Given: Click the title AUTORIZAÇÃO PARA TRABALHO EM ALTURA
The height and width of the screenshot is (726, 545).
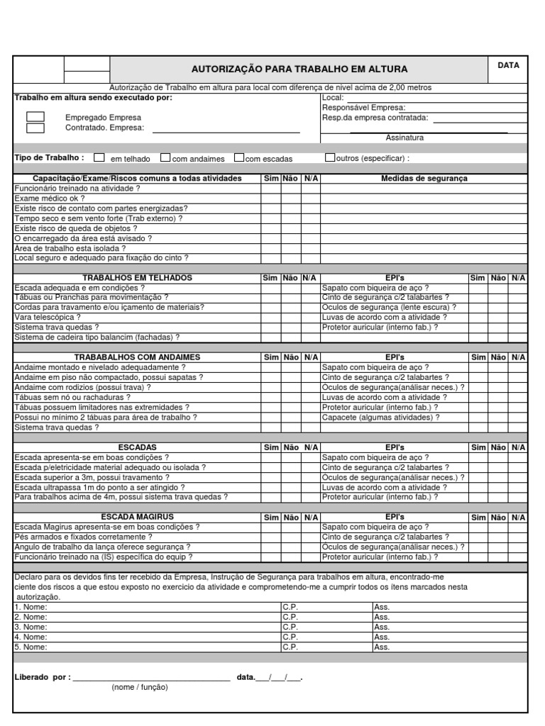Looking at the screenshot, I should [299, 69].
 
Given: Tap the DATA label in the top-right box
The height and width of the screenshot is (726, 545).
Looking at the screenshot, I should [508, 65].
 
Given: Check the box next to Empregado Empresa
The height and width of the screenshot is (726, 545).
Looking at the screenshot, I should [35, 117].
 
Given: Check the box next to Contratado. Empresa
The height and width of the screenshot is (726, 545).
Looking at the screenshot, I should [35, 128].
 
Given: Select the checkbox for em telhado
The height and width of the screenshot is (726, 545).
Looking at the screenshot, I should [99, 158].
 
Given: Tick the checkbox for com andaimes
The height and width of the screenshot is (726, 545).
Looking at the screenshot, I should [165, 158].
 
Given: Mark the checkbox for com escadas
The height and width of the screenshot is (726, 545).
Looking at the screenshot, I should [239, 158].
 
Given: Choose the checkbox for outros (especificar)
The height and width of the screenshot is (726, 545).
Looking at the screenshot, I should [331, 158].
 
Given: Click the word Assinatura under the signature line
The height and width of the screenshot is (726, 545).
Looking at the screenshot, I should [404, 138].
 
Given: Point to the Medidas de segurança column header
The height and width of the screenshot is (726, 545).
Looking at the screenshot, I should [424, 179].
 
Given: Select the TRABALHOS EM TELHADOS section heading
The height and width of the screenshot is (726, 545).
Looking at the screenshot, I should [138, 278].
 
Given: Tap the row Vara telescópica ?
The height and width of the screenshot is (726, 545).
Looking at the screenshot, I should [48, 318].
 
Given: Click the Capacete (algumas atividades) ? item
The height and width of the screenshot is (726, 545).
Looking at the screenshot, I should [380, 418].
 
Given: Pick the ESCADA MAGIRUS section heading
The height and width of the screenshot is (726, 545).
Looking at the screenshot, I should [138, 517].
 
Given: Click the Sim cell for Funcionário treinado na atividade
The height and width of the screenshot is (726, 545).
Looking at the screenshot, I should [270, 189].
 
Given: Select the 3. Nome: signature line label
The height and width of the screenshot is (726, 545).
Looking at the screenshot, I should [31, 627].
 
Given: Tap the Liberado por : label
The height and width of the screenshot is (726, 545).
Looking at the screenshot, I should [43, 677].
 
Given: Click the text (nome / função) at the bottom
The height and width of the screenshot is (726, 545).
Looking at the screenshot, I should [139, 688].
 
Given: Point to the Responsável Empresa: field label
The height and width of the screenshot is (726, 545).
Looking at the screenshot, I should [364, 108].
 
